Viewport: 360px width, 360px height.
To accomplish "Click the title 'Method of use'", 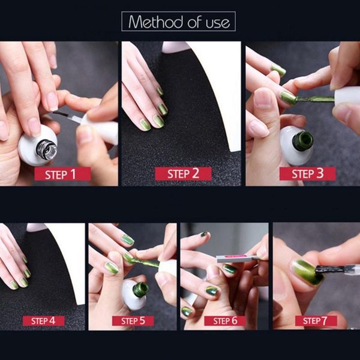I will [179, 22].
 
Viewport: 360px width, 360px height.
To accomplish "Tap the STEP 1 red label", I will [63, 174].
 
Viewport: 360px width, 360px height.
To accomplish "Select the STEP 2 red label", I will [183, 174].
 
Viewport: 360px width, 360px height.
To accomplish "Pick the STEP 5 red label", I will [133, 320].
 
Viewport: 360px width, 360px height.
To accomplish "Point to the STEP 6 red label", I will [225, 320].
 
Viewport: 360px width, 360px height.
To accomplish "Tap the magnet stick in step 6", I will [238, 258].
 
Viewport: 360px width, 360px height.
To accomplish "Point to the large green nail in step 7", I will [304, 272].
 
